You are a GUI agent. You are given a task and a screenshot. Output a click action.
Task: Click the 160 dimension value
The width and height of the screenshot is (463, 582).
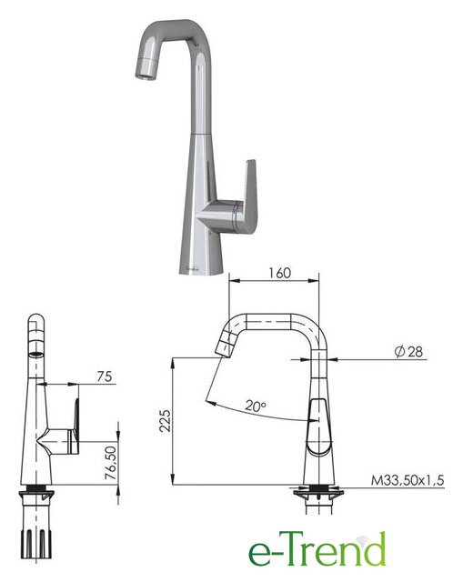tap(279, 273)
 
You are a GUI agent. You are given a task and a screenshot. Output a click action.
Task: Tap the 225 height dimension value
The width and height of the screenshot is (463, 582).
tap(166, 420)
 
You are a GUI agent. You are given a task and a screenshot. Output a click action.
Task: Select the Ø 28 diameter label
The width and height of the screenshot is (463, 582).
tap(408, 351)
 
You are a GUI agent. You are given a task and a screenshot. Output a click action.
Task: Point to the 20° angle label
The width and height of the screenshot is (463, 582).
tap(256, 406)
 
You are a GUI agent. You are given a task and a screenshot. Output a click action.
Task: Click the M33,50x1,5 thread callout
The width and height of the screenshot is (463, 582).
tap(408, 480)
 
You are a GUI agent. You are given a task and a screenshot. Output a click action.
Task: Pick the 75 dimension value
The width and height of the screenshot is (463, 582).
tap(105, 376)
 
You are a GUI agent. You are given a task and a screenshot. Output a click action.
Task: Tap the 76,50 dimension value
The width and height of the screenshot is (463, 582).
tap(110, 463)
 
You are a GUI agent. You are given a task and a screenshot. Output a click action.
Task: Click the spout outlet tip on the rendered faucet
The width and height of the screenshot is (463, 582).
tap(145, 75)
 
